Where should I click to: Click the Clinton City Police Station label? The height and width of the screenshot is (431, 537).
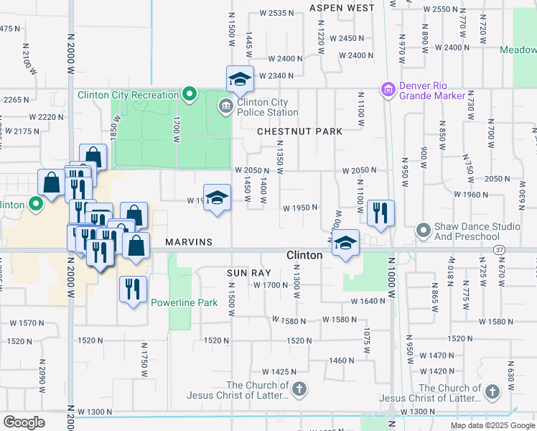pos(268,108)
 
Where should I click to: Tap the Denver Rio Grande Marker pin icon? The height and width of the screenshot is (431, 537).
pos(388,90)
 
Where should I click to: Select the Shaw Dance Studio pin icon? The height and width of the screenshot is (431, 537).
pos(424,231)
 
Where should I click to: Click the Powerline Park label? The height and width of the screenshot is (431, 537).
pos(184,302)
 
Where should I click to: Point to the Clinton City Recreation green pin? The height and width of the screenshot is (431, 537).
pos(190,94)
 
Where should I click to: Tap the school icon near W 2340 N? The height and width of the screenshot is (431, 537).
pos(241,79)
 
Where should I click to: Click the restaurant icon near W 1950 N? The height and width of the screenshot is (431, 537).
pos(380,213)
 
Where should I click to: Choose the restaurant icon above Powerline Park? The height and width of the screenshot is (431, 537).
pos(132,289)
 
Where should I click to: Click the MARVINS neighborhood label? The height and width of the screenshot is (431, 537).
pos(189,242)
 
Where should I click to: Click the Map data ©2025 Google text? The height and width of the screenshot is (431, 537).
pos(492,425)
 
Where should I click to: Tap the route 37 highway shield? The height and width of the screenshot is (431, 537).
pos(499,249)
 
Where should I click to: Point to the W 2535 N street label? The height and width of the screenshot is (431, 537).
pos(272,13)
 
